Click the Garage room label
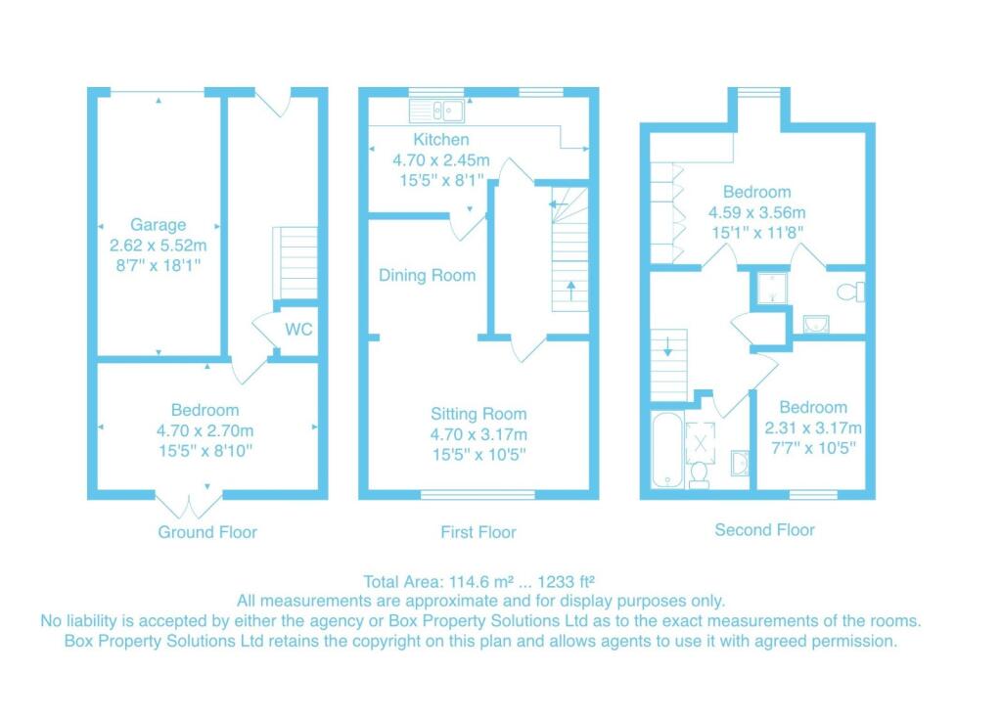[x=158, y=225]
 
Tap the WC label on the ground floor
[x=298, y=330]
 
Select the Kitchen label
[x=440, y=140]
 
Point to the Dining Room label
[x=428, y=276]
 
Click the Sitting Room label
[x=478, y=414]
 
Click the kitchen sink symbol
[x=436, y=109]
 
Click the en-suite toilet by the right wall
[x=852, y=292]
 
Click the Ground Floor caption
[x=207, y=532]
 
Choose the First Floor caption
[x=478, y=532]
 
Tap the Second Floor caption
[x=764, y=530]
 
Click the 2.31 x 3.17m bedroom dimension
[x=812, y=427]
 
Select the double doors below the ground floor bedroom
[x=191, y=504]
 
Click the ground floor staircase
[x=295, y=262]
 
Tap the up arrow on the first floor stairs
[x=570, y=291]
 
